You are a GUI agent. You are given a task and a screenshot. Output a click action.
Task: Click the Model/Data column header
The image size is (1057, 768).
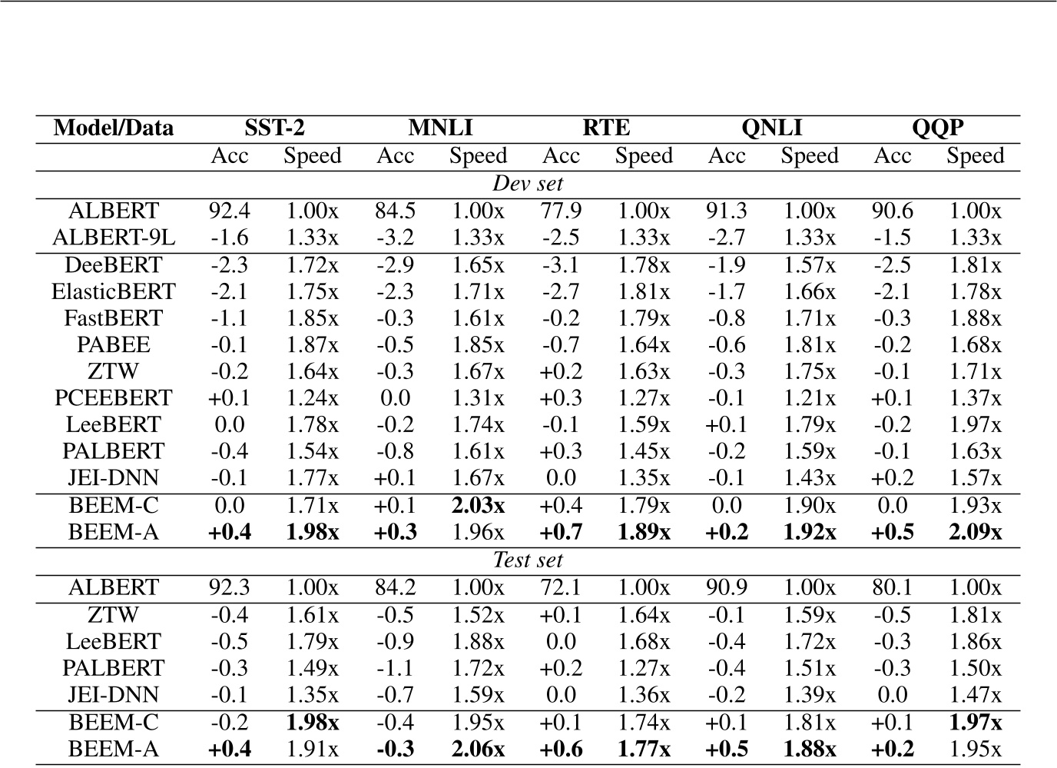coord(114,128)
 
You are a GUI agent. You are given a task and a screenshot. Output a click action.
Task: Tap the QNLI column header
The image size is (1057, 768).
coord(772,128)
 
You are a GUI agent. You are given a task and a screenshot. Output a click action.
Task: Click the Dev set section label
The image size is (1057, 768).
coord(528,184)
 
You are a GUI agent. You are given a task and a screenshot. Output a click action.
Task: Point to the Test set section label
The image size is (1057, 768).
coord(528,560)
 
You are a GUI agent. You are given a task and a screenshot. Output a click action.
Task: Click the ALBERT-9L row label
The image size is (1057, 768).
coord(114,238)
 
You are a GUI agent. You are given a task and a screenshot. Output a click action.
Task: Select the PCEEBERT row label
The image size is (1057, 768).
coord(114,398)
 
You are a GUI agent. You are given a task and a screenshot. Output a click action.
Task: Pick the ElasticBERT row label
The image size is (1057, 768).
coord(114,291)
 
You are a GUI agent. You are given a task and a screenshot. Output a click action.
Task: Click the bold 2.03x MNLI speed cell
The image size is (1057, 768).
coord(478,505)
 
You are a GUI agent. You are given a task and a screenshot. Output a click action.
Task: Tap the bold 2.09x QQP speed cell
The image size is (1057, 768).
coord(975,532)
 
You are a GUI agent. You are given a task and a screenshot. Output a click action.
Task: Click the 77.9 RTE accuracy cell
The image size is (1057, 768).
coord(561,211)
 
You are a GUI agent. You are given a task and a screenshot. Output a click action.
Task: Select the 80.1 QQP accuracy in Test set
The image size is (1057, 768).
coord(892,587)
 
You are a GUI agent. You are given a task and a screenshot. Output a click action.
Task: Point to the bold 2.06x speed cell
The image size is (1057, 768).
coord(478,749)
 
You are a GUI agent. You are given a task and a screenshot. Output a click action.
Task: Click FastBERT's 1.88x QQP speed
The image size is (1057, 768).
coord(975,318)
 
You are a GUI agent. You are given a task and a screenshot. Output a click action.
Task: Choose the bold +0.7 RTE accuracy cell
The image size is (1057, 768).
coord(561,532)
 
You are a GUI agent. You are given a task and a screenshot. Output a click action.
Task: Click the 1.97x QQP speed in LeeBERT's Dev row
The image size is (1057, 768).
coord(975,425)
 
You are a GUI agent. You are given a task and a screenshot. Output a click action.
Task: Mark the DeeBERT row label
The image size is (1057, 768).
coord(114,264)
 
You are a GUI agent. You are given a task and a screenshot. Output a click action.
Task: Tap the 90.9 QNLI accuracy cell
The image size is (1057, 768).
coord(727,587)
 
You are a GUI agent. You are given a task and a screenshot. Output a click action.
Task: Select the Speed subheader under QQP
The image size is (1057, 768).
coord(975,156)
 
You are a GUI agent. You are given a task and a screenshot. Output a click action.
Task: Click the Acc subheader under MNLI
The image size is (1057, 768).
coord(396,156)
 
